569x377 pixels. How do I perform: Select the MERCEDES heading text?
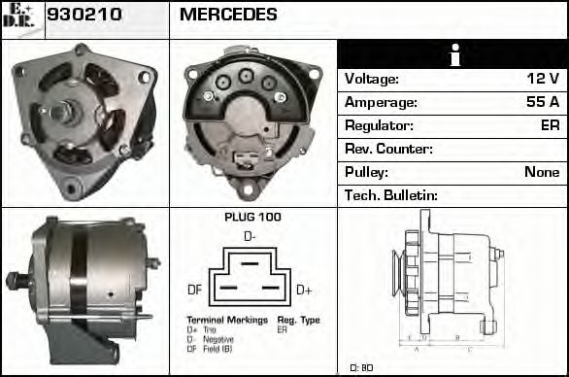[228, 16]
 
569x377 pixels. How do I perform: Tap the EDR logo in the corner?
[21, 18]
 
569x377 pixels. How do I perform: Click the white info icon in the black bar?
[452, 55]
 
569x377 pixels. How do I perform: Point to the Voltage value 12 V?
[542, 79]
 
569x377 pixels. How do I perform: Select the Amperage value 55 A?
[541, 102]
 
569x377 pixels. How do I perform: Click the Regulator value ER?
[549, 125]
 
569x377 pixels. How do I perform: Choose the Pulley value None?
[541, 172]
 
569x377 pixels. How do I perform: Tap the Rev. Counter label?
[388, 149]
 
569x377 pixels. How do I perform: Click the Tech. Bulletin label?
[391, 195]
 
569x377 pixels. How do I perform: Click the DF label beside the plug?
[194, 290]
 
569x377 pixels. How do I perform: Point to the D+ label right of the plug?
[303, 290]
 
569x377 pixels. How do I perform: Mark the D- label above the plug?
[250, 236]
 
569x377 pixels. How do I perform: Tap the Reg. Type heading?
[298, 320]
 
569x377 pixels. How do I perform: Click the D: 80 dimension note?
[361, 367]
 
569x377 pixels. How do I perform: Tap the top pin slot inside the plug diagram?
[250, 262]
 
